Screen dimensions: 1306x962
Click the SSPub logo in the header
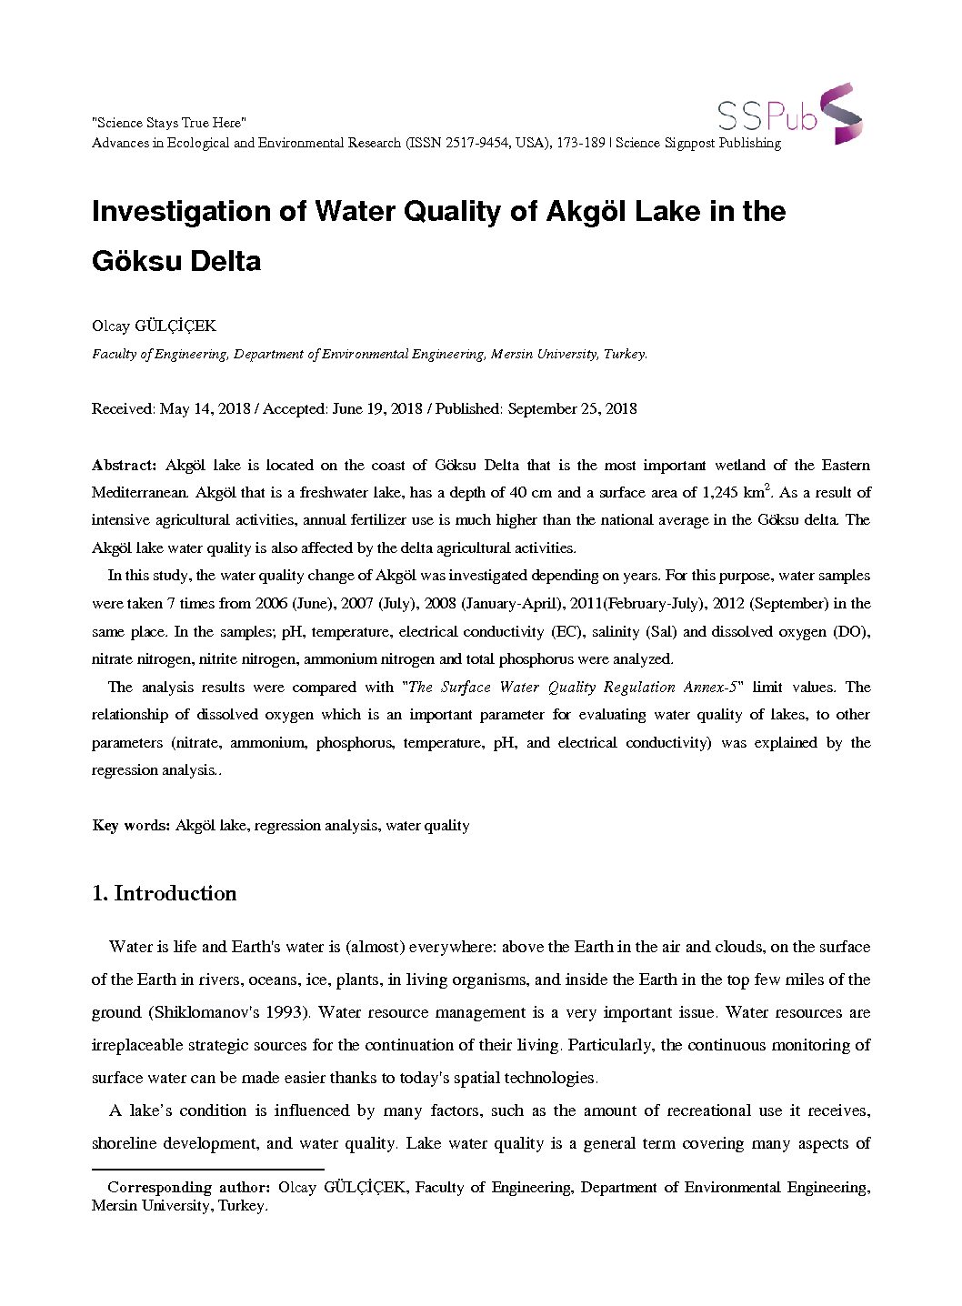click(788, 115)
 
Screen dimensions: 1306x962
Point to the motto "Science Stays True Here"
click(169, 123)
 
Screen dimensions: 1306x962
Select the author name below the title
click(154, 326)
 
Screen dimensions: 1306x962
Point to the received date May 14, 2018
click(205, 408)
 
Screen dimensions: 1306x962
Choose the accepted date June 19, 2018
click(377, 408)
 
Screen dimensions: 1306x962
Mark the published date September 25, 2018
click(572, 408)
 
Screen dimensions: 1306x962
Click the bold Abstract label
click(125, 465)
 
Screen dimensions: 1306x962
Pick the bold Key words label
click(131, 825)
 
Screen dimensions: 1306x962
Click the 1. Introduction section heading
click(165, 893)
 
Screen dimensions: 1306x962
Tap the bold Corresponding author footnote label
click(188, 1187)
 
